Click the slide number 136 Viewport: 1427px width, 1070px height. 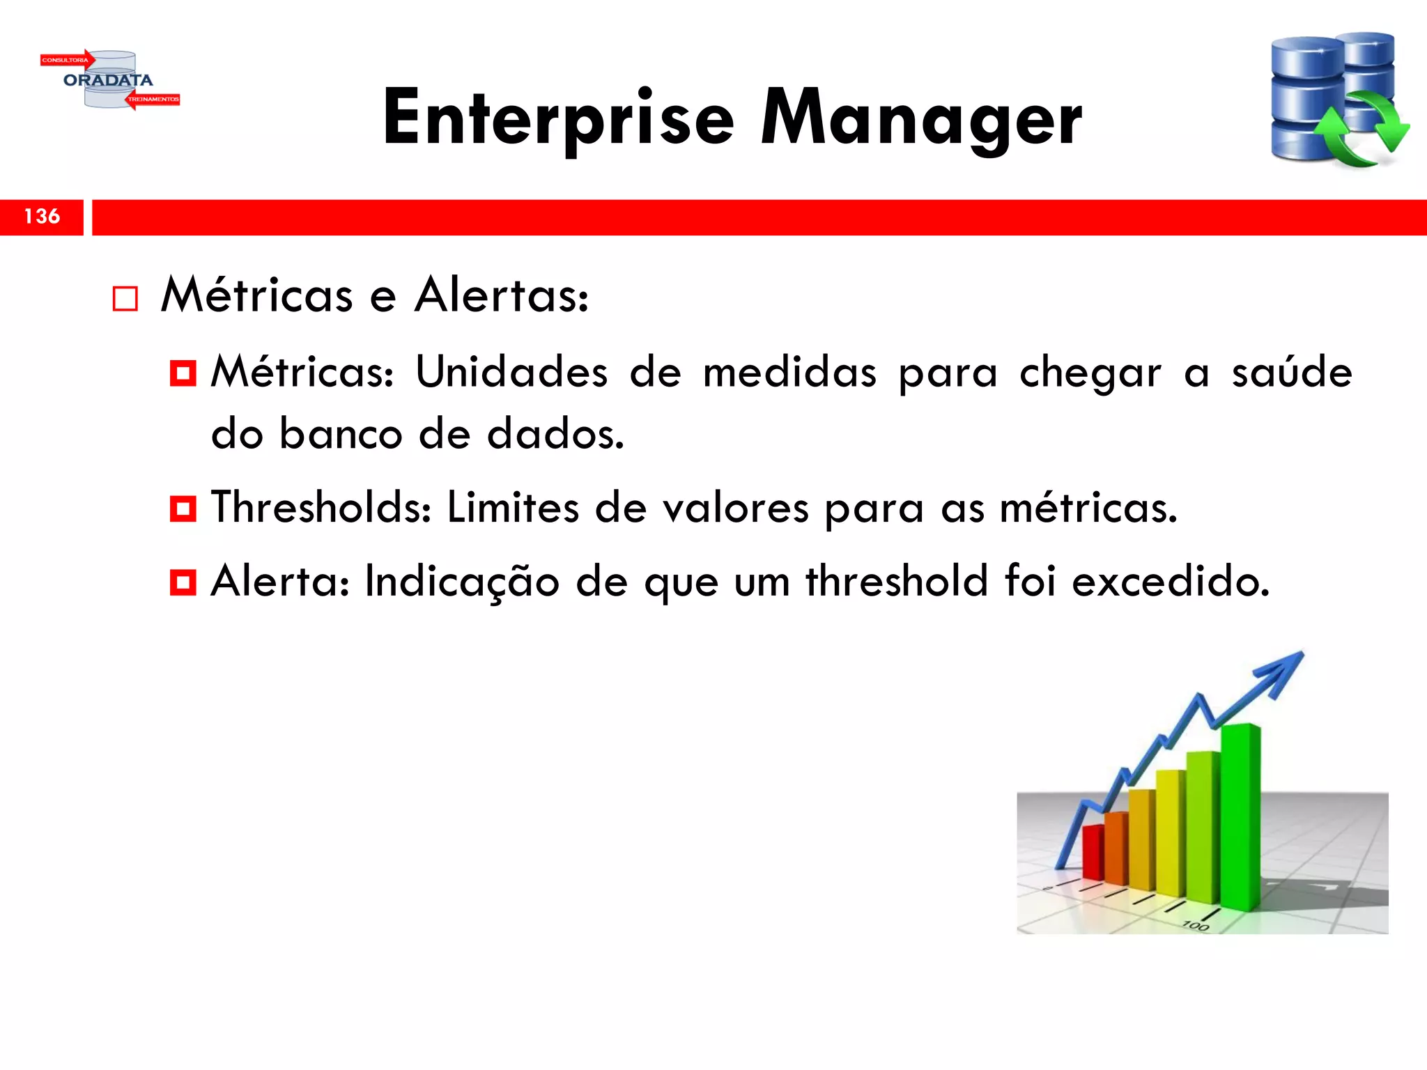(42, 217)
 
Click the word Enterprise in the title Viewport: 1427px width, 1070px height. (558, 118)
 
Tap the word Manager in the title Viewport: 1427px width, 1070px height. (921, 118)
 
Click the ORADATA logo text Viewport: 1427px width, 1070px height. (108, 81)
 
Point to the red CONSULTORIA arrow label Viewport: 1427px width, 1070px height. (65, 60)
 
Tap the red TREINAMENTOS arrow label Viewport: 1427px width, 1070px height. (153, 100)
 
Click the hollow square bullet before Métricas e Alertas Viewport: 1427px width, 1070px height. (125, 299)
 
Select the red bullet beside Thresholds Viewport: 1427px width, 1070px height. (183, 509)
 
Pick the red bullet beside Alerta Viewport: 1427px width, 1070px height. (183, 582)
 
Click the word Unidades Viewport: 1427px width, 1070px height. (511, 372)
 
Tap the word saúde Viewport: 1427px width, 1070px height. (1292, 372)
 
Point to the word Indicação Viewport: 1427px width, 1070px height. (462, 581)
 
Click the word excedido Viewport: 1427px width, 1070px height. (1171, 581)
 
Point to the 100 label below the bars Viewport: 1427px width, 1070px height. (1195, 925)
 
